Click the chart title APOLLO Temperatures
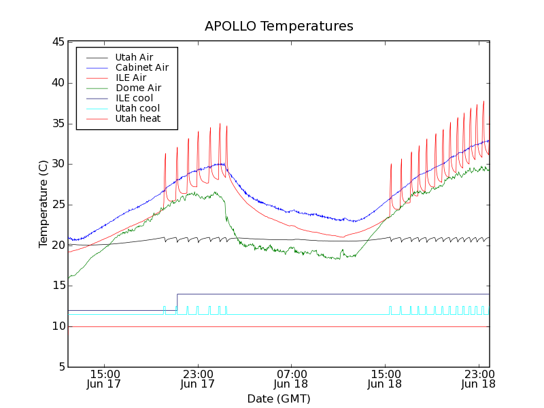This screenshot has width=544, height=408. (x=279, y=27)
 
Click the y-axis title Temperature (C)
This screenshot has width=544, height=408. (x=44, y=204)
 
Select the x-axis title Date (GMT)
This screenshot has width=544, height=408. (x=279, y=398)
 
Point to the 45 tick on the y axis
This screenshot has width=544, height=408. (x=58, y=42)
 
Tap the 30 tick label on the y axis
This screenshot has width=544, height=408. (x=58, y=164)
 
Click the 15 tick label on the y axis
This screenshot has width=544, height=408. (x=58, y=286)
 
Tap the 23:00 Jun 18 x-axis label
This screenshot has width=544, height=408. (x=478, y=379)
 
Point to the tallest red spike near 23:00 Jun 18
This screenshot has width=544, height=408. (x=483, y=103)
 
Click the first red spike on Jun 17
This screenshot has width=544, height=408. (x=165, y=155)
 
